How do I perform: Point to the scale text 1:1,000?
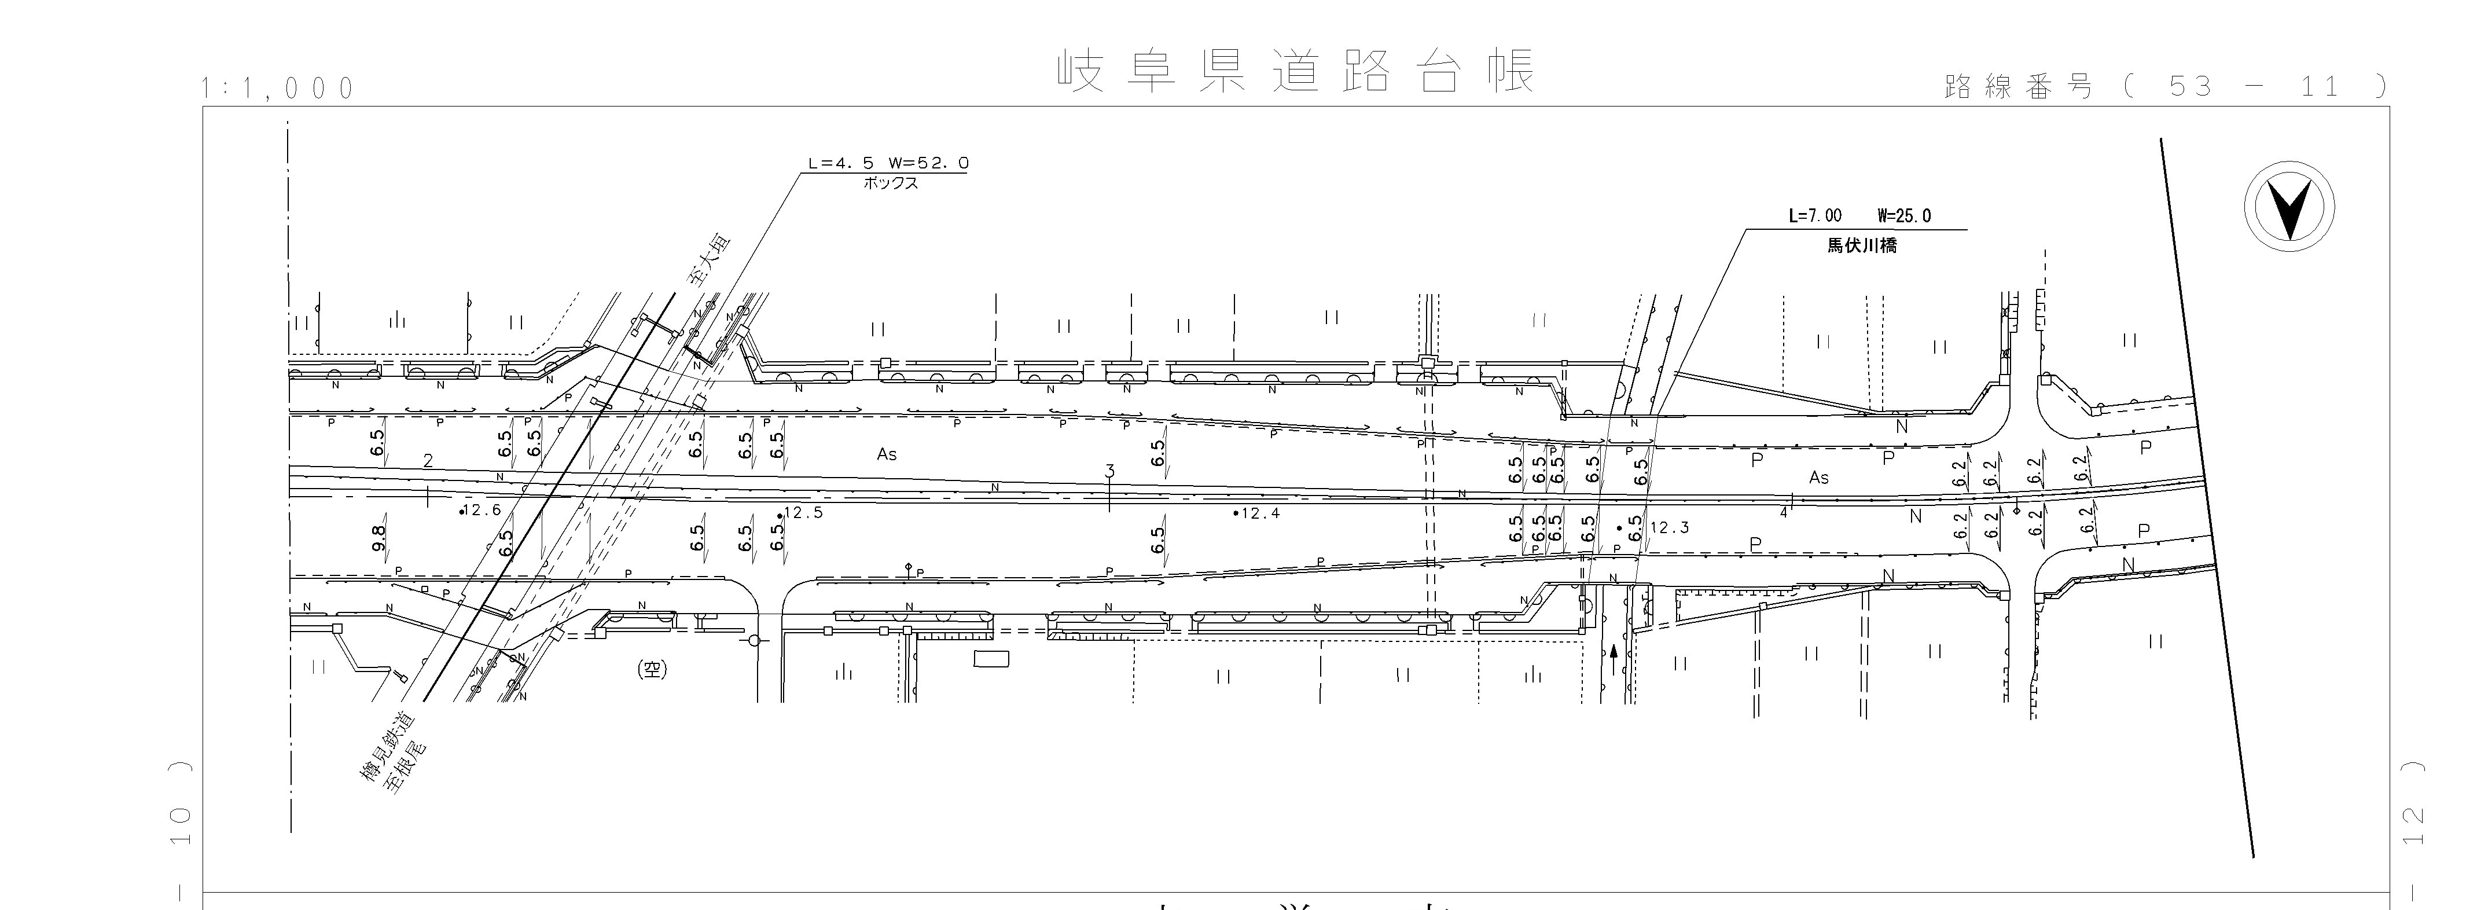point(278,89)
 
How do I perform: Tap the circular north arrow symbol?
point(2288,208)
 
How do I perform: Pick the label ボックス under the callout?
point(891,182)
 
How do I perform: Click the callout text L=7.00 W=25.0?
point(1859,215)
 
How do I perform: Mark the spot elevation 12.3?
point(1669,527)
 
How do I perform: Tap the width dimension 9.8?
point(378,537)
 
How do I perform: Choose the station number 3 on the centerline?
point(1110,471)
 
